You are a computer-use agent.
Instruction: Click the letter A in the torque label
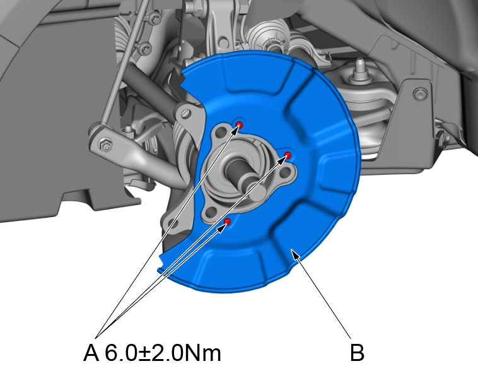pos(91,352)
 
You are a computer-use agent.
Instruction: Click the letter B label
pos(357,352)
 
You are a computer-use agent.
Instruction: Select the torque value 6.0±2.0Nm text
pos(163,352)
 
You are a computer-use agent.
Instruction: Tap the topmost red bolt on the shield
pos(240,125)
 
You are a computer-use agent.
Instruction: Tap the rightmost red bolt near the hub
pos(288,155)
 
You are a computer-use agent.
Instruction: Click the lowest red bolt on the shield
pos(228,221)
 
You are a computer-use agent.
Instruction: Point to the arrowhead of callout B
pos(295,254)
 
